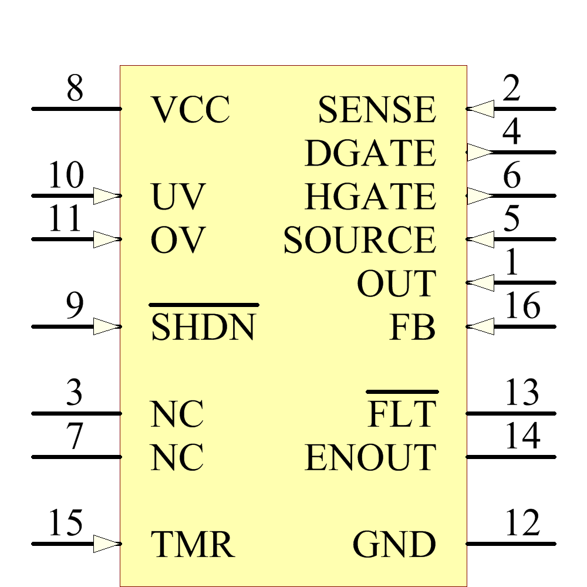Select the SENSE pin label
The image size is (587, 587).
377,110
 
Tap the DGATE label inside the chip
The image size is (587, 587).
370,153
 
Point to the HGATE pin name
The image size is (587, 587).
370,197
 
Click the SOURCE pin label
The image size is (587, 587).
359,240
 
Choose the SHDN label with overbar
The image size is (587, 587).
203,327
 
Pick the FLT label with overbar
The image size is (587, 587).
402,414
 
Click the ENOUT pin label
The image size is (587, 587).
370,457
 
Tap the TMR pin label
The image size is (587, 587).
193,544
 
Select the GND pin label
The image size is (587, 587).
394,544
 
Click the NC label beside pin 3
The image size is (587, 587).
177,414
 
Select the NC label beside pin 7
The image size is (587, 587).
177,457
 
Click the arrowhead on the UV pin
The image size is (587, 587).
106,195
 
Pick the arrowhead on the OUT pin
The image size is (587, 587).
481,283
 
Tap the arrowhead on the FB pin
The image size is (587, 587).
481,326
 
